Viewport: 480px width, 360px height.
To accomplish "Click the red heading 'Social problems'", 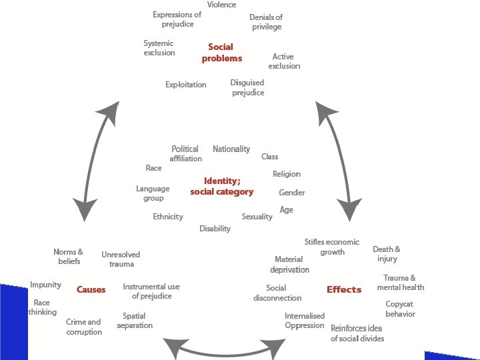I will pos(221,53).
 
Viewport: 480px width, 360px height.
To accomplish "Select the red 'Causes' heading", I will pos(91,290).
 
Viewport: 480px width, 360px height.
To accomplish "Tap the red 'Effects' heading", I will pos(344,289).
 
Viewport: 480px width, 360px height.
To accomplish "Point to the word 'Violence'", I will pos(221,5).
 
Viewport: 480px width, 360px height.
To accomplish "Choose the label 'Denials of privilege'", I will pos(266,22).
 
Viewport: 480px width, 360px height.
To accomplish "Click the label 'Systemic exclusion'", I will pos(159,48).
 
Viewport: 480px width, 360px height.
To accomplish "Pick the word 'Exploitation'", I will pos(186,85).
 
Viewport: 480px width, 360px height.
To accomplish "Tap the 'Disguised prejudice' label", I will pos(247,87).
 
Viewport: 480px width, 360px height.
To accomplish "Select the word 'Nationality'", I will pos(231,149).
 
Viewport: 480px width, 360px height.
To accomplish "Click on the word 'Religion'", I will pos(287,174).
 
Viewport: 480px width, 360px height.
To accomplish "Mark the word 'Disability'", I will pos(215,229).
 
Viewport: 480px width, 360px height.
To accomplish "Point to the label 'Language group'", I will pos(153,193).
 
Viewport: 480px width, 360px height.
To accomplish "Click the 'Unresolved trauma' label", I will pos(121,259).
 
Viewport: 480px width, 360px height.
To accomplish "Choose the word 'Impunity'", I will pos(45,285).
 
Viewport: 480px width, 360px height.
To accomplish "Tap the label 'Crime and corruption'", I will pos(84,327).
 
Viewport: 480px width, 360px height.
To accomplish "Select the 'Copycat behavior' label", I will pos(400,309).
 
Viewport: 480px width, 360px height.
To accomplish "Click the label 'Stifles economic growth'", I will pos(332,247).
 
